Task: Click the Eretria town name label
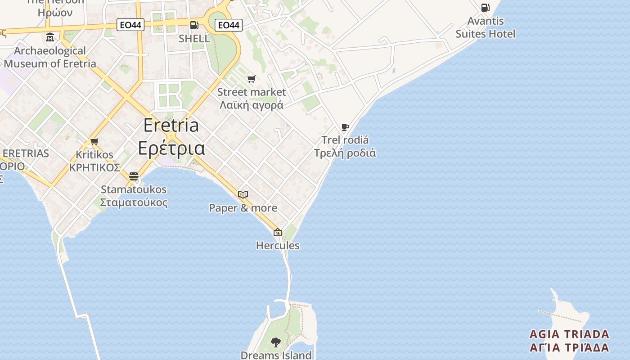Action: [171, 126]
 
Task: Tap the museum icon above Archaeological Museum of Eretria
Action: [50, 37]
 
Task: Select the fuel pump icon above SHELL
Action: [194, 25]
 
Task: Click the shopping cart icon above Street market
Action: [252, 79]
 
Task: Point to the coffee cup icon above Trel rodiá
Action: [345, 127]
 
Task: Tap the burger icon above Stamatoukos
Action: [134, 176]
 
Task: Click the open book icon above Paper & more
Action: [243, 195]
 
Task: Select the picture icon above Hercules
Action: [278, 233]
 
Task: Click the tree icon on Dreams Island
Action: [276, 342]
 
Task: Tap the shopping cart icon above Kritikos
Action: [94, 142]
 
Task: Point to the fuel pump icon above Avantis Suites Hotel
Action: [485, 8]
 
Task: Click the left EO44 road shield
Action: [130, 25]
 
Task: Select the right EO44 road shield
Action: [229, 25]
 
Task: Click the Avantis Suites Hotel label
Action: [486, 27]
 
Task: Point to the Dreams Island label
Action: [276, 355]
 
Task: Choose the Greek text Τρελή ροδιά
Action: [345, 153]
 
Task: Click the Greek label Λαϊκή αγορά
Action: [251, 105]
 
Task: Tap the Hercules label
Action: [278, 246]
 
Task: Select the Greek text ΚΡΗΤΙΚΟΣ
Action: [94, 168]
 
